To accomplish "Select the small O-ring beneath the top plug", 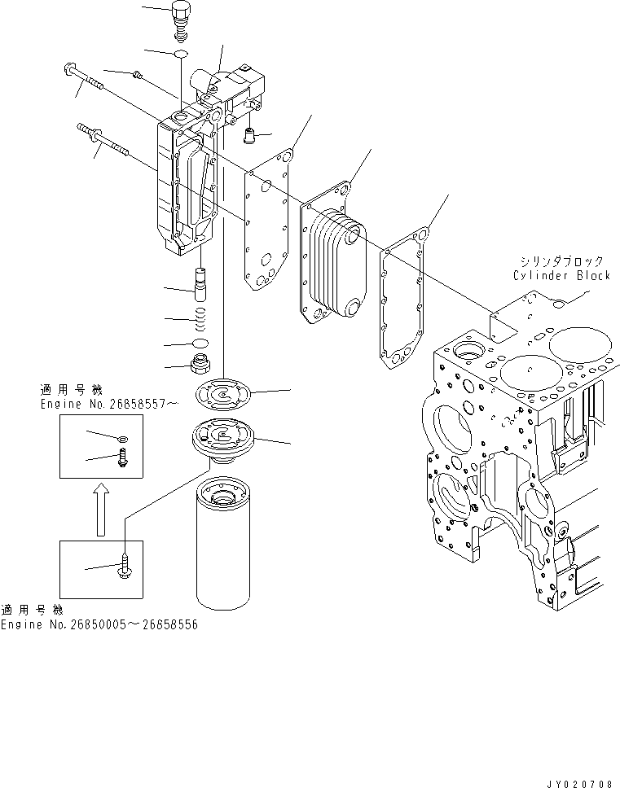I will point(181,55).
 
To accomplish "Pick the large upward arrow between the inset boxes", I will point(99,508).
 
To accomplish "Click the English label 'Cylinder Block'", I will point(561,275).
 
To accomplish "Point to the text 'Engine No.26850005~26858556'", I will point(99,624).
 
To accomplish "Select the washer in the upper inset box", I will point(121,439).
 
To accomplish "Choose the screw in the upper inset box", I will point(124,457).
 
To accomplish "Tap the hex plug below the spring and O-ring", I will point(200,363).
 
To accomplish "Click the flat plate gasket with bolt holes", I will point(267,224).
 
